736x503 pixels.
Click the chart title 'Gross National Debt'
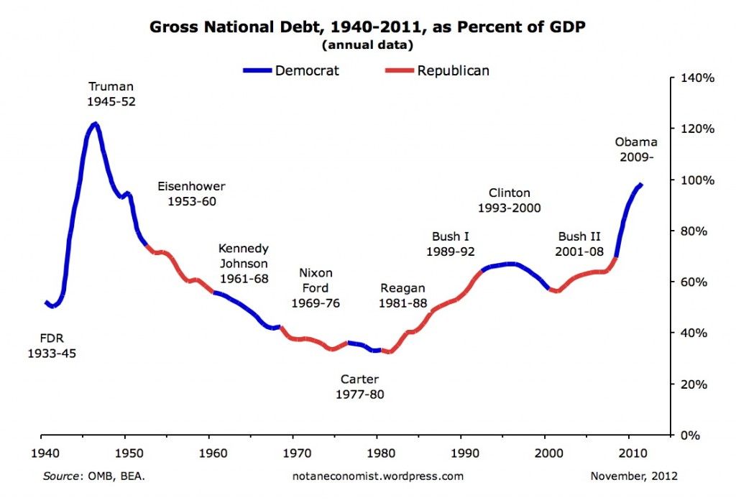pos(368,27)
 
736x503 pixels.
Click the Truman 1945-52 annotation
pos(111,94)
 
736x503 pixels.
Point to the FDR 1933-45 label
pos(52,346)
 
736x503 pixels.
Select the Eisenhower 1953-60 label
pos(191,194)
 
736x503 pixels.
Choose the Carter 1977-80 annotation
pos(359,387)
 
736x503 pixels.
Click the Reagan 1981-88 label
pos(402,295)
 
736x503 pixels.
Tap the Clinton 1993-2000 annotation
pos(509,200)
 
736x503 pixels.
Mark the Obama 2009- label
pos(635,149)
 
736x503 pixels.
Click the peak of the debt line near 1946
pos(94,124)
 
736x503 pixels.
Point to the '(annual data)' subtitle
pos(367,45)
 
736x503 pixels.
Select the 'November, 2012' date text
pos(633,476)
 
